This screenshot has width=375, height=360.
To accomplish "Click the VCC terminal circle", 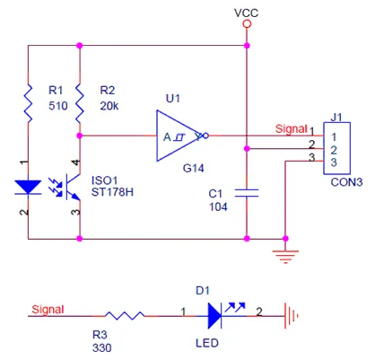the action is click(247, 24).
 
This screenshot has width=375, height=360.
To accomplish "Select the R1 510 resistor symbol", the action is click(29, 103).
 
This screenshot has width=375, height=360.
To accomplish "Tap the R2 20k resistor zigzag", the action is click(80, 103).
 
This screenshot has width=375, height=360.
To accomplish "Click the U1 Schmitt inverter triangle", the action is click(179, 136).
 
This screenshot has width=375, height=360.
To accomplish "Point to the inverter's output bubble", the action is click(205, 136).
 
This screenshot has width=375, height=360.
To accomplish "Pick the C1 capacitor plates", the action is click(247, 193).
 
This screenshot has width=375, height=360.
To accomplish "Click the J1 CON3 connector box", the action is click(336, 148).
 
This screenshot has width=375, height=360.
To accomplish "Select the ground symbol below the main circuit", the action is click(285, 257).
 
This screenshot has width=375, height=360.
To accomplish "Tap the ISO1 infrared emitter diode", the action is click(28, 188).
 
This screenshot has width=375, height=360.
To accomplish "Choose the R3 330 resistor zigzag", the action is click(125, 316).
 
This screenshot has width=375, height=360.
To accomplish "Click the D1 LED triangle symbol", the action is click(215, 316).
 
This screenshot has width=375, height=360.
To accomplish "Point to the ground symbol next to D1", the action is click(291, 316).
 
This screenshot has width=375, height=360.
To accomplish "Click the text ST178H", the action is click(112, 192).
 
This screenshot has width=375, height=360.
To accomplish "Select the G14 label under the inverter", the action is click(194, 169).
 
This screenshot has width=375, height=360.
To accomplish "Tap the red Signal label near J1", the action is click(292, 129).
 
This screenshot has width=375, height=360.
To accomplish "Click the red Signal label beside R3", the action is click(48, 310).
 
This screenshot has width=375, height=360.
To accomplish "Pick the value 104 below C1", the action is click(218, 207).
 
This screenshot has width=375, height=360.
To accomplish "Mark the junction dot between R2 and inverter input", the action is click(80, 136).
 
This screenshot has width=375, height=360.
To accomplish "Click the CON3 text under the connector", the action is click(346, 182).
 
